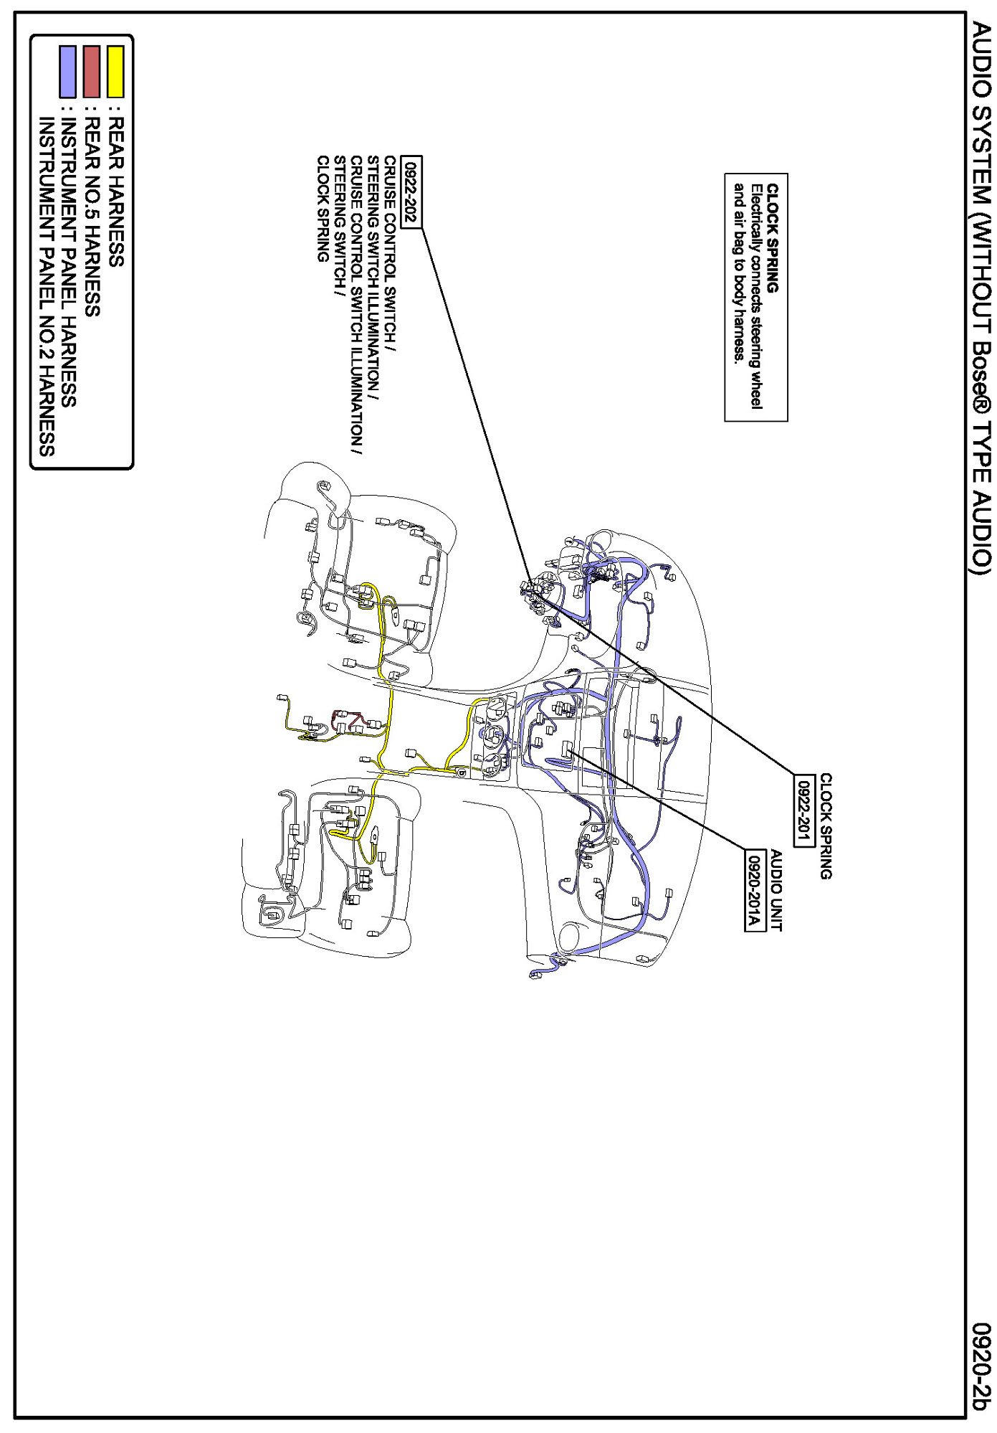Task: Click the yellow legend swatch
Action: coord(115,71)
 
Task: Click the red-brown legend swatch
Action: coord(92,71)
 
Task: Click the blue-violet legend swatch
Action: coord(68,71)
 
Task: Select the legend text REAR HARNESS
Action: coord(115,193)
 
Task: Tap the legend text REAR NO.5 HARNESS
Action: coord(92,217)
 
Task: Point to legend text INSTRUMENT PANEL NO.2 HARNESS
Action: coord(46,287)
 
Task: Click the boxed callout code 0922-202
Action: coord(411,191)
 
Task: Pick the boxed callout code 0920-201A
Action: coord(753,890)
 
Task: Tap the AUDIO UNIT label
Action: coord(776,890)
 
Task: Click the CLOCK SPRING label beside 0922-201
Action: coord(826,826)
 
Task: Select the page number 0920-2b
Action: coord(981,1366)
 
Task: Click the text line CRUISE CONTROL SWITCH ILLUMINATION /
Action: coord(356,305)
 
